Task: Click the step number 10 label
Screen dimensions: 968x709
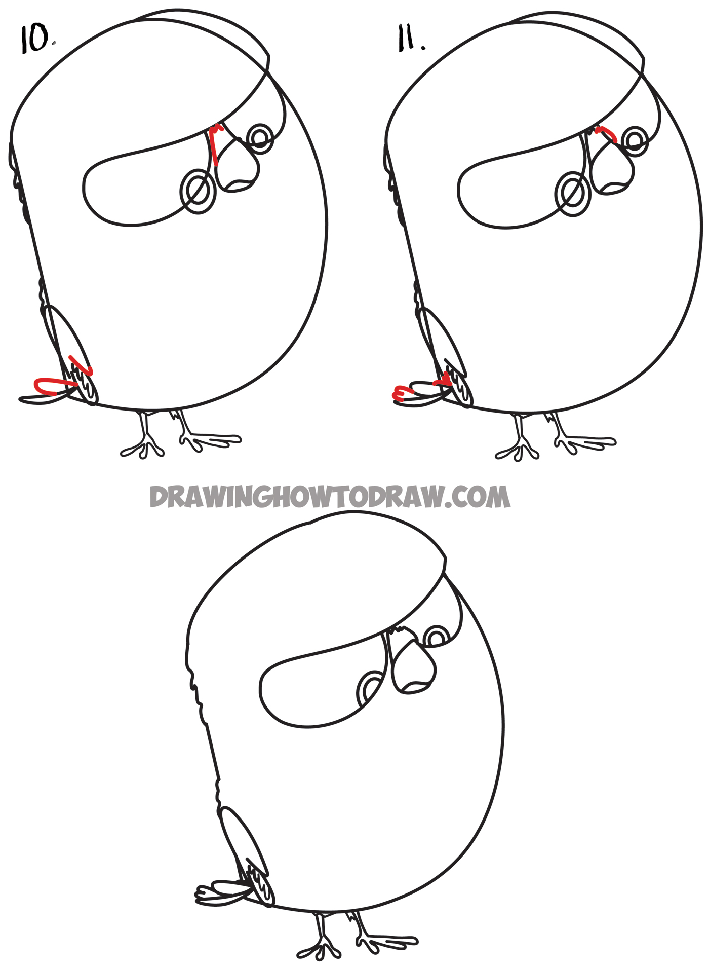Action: [35, 40]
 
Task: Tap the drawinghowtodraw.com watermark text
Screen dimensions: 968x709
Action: [330, 497]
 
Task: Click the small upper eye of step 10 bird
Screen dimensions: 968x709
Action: [260, 136]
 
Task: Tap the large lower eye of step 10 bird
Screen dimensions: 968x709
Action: [198, 192]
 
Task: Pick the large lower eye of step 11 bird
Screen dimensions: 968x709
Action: [573, 195]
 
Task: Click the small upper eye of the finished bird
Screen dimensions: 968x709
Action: [436, 637]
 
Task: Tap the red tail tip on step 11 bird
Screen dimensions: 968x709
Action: [402, 393]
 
